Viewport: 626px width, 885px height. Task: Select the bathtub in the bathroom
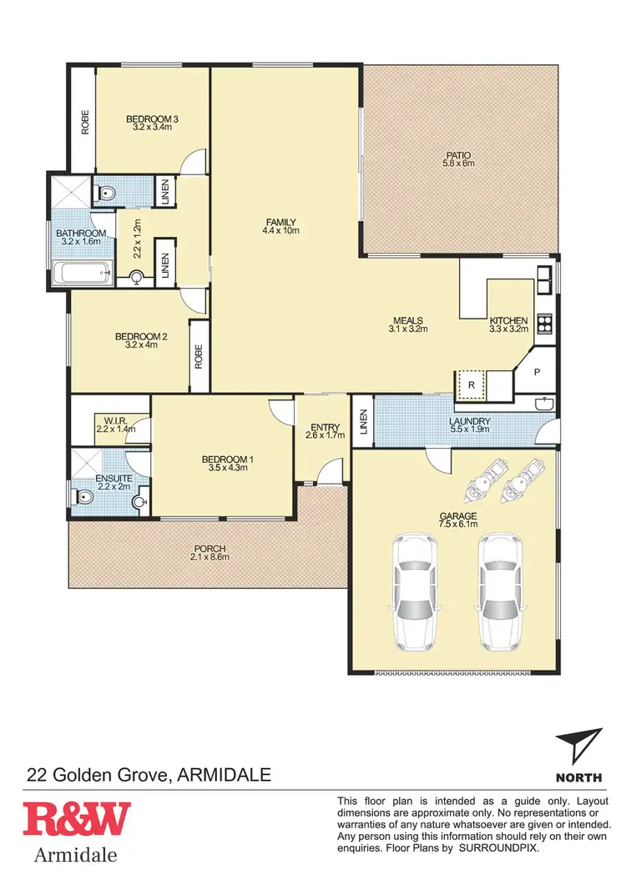point(82,273)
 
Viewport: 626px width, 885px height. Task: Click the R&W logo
point(76,819)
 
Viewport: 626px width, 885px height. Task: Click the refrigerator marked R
point(471,385)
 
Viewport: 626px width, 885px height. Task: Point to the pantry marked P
point(537,373)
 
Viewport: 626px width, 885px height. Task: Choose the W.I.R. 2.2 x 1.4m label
point(115,424)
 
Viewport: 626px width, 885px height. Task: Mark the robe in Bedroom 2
point(199,356)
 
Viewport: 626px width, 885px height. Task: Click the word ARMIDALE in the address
point(225,775)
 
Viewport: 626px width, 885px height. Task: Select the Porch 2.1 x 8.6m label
point(209,551)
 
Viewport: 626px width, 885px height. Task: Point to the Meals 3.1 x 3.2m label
point(408,324)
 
